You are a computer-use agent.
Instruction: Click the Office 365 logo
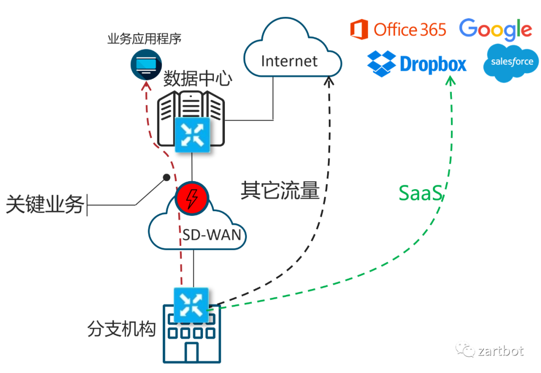398,30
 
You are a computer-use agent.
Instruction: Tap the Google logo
495,30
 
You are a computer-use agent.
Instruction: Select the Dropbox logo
417,64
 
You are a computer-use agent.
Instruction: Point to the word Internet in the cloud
289,61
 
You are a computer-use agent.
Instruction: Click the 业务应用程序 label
144,39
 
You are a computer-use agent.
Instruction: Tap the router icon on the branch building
190,304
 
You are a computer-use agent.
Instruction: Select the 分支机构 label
122,329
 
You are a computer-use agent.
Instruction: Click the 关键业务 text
45,204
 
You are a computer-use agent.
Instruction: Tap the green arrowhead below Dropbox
450,80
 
